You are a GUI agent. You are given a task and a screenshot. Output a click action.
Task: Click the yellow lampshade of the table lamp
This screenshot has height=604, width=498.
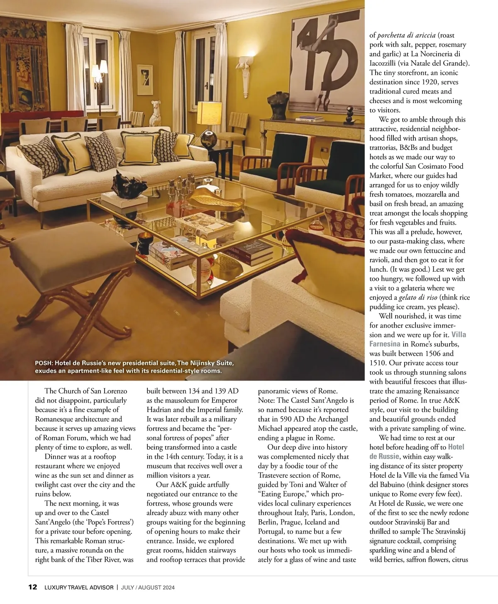(x=209, y=113)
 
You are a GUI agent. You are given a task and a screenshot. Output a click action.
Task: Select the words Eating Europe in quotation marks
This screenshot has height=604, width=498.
(x=282, y=494)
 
